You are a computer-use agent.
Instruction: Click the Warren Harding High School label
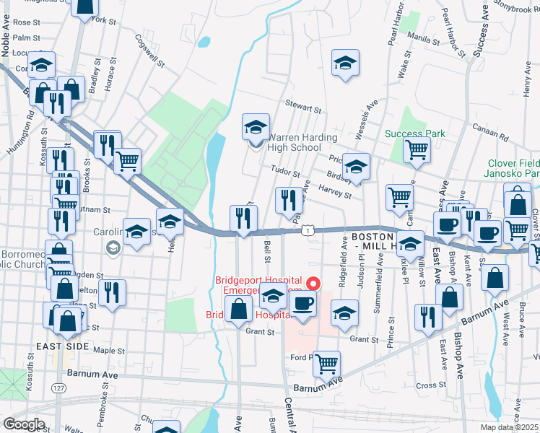(x=294, y=142)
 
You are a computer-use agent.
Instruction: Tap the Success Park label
(x=415, y=134)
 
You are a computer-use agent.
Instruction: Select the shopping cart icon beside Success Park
(x=417, y=150)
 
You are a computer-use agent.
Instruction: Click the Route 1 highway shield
(x=308, y=229)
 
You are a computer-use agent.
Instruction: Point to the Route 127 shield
(x=58, y=388)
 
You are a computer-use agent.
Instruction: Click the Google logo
(x=24, y=424)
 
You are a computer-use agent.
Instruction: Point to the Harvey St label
(x=335, y=191)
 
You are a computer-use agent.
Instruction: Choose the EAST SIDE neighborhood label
(x=63, y=347)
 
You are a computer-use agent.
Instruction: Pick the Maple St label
(x=110, y=351)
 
